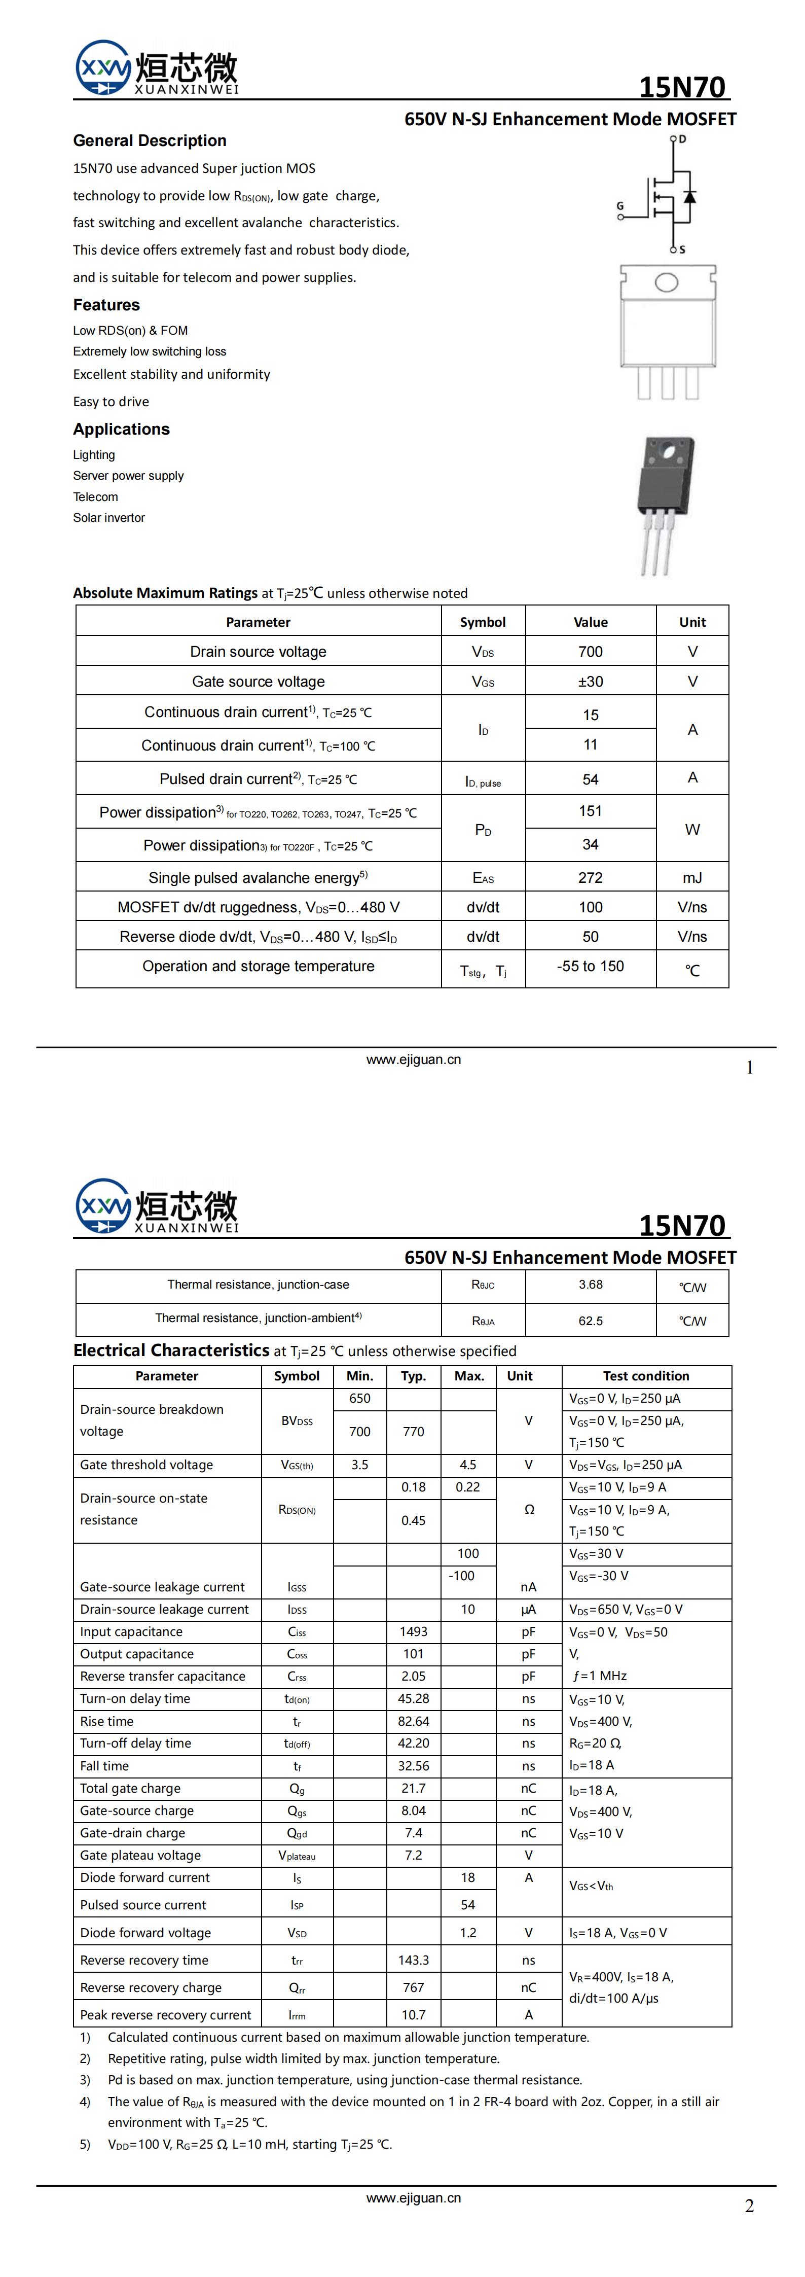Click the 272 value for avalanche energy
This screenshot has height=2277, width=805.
[590, 878]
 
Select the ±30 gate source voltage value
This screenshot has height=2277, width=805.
[590, 682]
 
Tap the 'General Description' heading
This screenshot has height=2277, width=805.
[150, 140]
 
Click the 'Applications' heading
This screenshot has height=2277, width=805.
[121, 429]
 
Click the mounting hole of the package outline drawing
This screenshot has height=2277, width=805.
[666, 283]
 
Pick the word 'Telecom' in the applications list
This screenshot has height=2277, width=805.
[95, 497]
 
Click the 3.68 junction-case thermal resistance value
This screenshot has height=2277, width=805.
[590, 1285]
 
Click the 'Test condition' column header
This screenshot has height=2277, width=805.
[646, 1376]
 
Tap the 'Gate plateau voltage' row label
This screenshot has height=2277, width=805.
[140, 1856]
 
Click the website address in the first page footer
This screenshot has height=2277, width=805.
[414, 1060]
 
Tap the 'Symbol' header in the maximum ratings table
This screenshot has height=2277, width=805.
[483, 622]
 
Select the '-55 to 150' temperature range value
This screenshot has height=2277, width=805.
[590, 966]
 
